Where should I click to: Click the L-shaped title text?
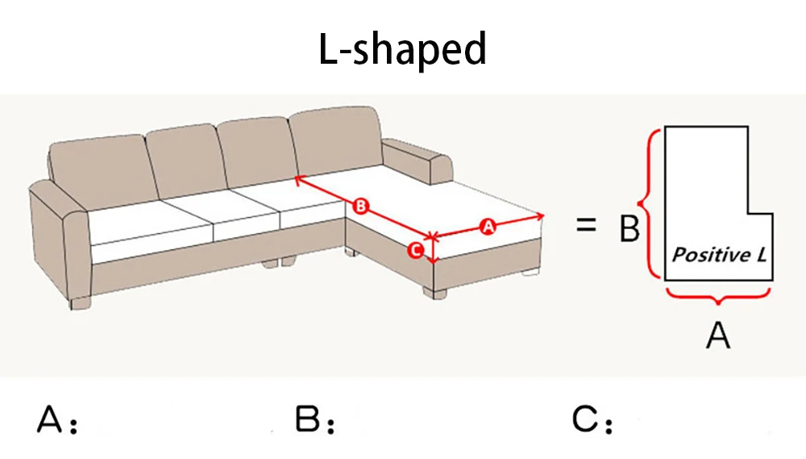click(x=402, y=50)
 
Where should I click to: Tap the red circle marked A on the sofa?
click(x=487, y=227)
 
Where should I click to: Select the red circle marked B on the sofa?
click(x=361, y=207)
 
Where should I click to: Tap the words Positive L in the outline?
click(x=719, y=256)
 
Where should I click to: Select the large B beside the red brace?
click(x=629, y=230)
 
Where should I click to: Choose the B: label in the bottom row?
click(x=314, y=421)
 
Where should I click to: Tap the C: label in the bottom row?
click(x=593, y=421)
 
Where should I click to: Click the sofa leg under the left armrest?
click(x=80, y=303)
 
